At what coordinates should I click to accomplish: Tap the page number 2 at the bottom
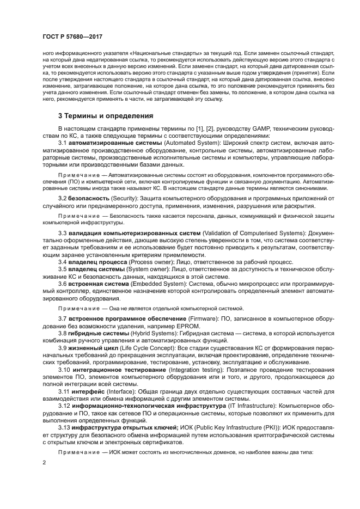44,462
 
